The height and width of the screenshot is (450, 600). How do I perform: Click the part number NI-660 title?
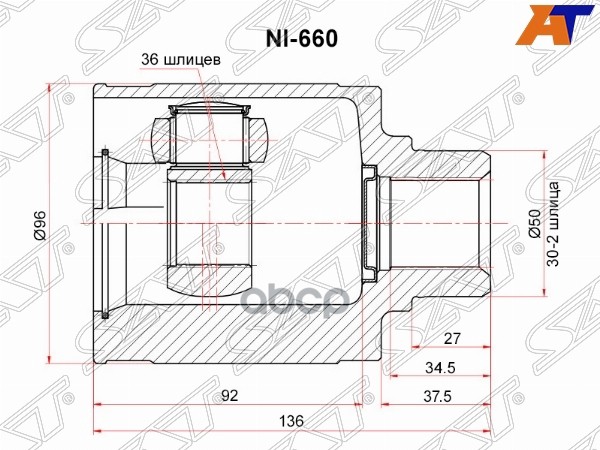[300, 38]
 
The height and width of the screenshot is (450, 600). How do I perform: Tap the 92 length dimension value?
[229, 395]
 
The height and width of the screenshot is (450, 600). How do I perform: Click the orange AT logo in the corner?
[567, 22]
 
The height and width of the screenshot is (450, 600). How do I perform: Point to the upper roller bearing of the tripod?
[211, 130]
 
